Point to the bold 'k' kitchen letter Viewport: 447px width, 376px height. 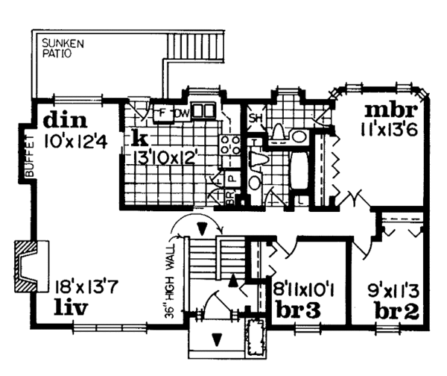point(139,137)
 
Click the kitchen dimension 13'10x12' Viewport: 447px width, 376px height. point(166,157)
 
